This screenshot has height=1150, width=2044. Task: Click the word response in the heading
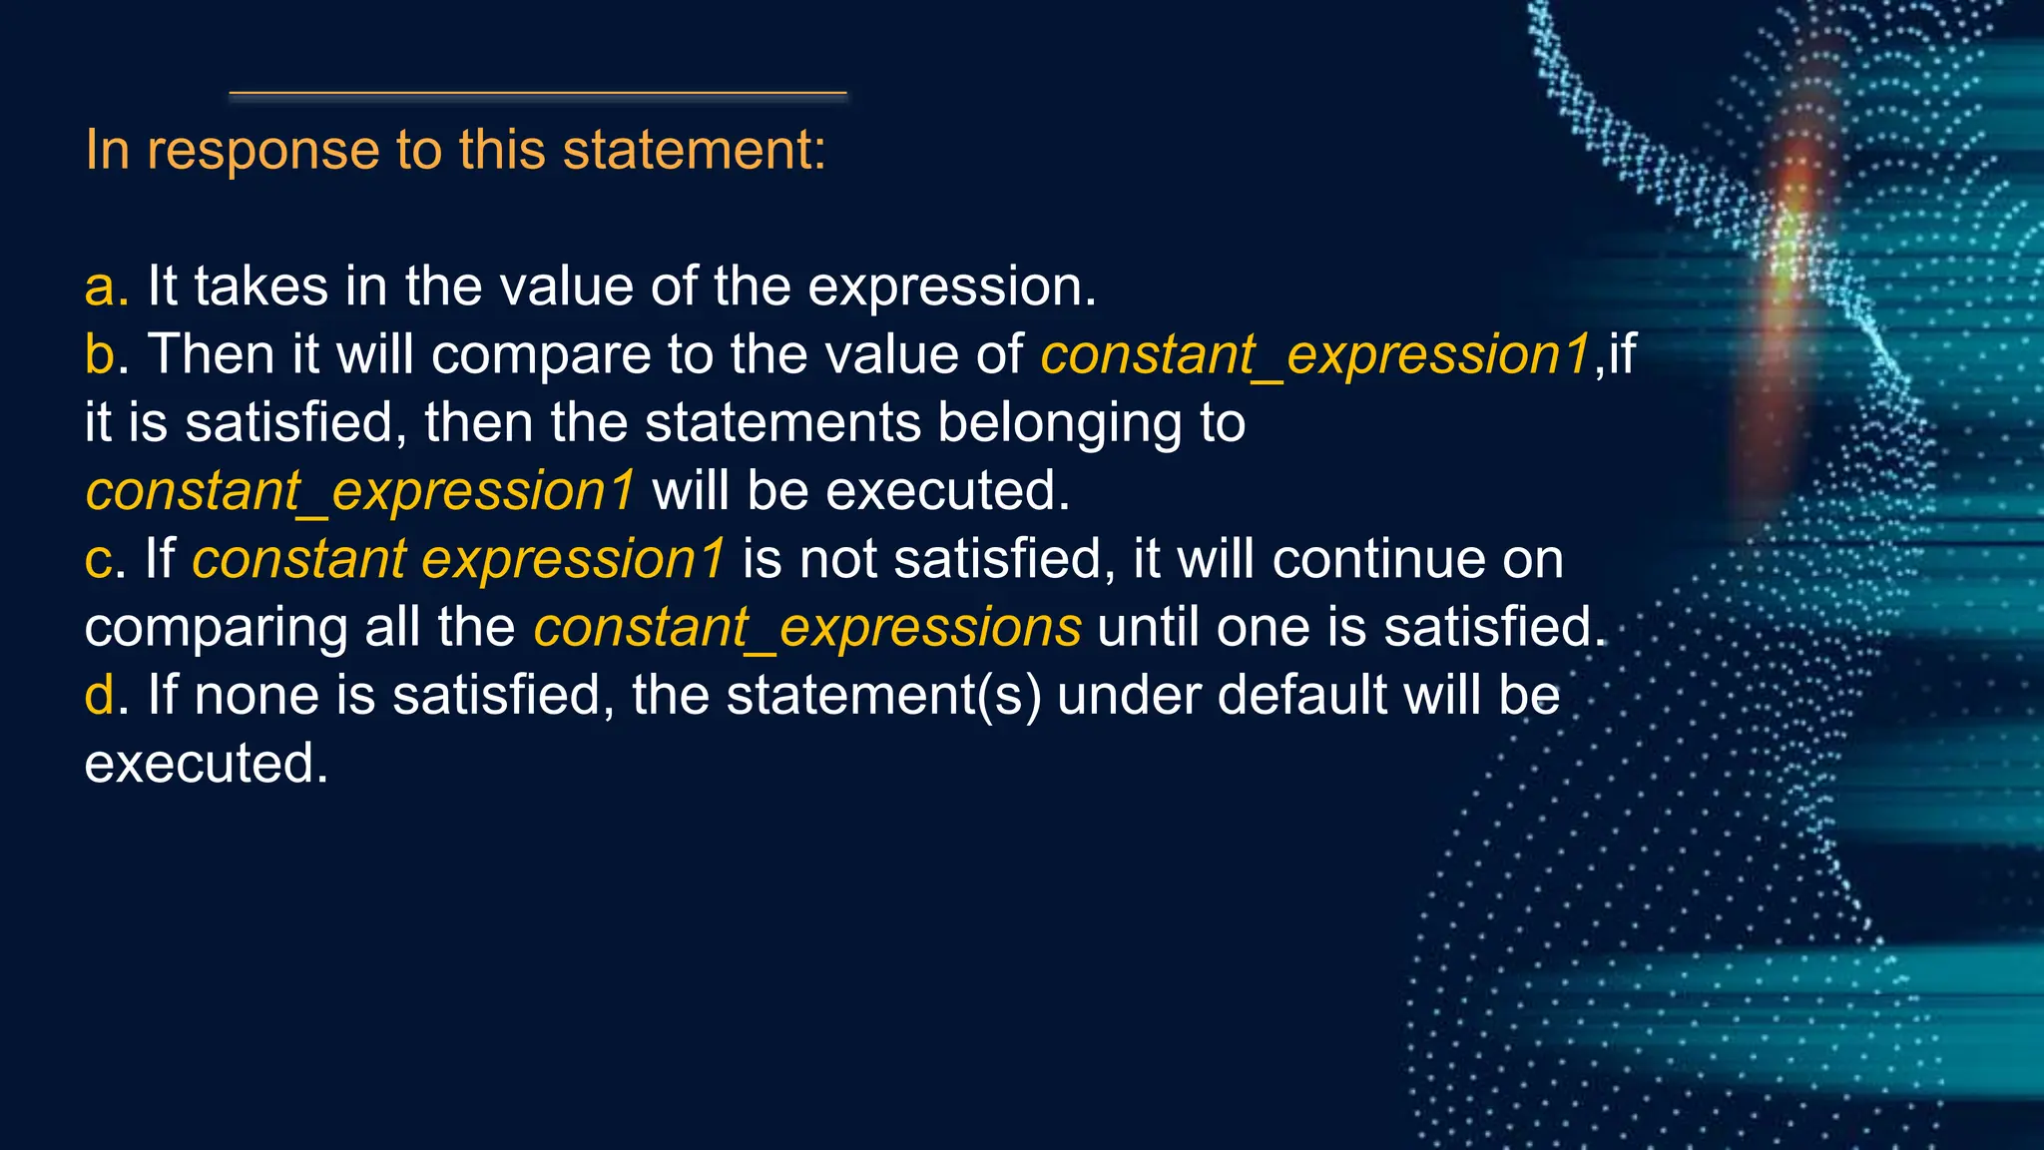(x=262, y=151)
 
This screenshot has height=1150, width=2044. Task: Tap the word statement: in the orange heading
(x=694, y=151)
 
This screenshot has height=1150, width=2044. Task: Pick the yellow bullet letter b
(x=100, y=355)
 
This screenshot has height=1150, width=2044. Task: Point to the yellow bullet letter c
(x=99, y=560)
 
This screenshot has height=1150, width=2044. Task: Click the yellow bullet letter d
(x=100, y=696)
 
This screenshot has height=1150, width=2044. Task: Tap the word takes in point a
(x=260, y=287)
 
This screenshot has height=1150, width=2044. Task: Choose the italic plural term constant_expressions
(x=806, y=628)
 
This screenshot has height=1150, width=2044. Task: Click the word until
(x=1148, y=628)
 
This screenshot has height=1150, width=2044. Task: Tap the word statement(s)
(x=883, y=696)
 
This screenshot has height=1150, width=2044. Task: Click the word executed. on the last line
(x=207, y=765)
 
